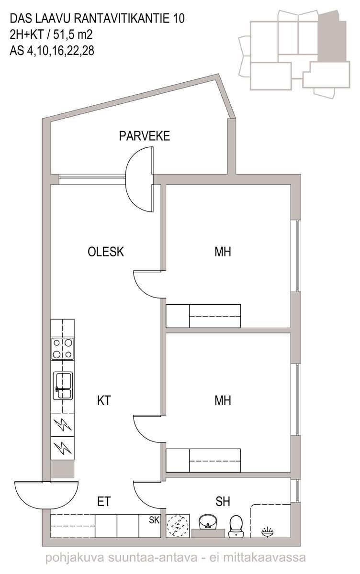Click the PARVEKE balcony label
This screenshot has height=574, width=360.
click(x=145, y=136)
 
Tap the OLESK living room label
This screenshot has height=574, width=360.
click(x=106, y=252)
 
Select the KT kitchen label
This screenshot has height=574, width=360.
click(x=104, y=400)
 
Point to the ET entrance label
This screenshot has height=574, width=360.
click(x=104, y=501)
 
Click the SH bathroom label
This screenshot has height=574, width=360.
click(x=223, y=501)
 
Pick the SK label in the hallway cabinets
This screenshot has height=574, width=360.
click(x=154, y=520)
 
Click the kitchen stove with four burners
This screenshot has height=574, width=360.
click(x=63, y=349)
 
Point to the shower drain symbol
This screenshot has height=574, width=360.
click(x=268, y=532)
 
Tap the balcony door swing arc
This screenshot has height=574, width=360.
click(x=138, y=179)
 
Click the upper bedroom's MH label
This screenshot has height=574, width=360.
click(x=223, y=252)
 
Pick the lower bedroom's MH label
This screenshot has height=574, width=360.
click(x=223, y=400)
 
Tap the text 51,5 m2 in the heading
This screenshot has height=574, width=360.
click(x=72, y=34)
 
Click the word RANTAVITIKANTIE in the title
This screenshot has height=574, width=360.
click(x=121, y=19)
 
